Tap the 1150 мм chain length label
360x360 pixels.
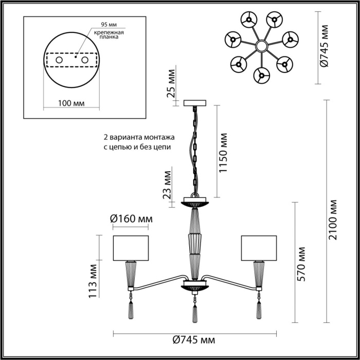pyautogui.click(x=224, y=153)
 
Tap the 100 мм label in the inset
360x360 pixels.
pyautogui.click(x=71, y=103)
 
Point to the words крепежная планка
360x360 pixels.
pyautogui.click(x=107, y=34)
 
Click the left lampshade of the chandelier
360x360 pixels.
pyautogui.click(x=131, y=248)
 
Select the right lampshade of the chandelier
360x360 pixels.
pyautogui.click(x=259, y=248)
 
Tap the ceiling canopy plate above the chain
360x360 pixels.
pyautogui.click(x=195, y=103)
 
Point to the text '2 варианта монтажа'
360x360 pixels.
pyautogui.click(x=139, y=138)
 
